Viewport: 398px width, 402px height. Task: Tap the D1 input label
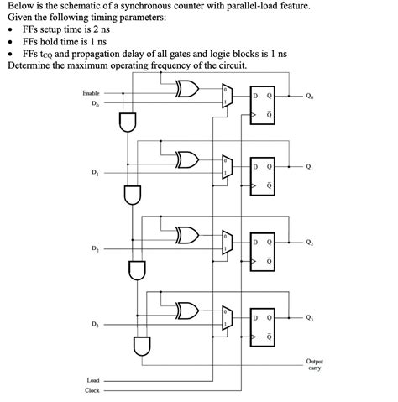tap(94, 173)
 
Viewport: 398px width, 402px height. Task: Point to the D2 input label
tap(94, 248)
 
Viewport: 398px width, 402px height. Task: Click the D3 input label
tap(94, 324)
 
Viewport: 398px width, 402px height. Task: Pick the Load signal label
tap(93, 379)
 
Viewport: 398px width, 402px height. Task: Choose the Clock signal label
tap(92, 390)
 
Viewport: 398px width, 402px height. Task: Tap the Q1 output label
tap(311, 167)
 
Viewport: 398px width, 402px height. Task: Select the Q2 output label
tap(311, 243)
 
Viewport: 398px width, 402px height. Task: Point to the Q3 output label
tap(311, 317)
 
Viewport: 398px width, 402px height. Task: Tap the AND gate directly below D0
tap(127, 123)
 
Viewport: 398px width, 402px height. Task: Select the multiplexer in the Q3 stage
tap(226, 318)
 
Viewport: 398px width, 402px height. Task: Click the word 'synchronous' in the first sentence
tap(144, 6)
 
